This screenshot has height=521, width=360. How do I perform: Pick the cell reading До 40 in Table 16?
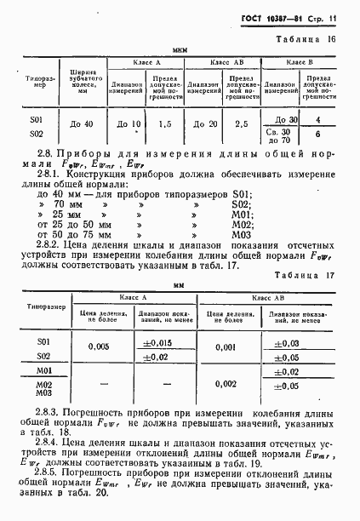pyautogui.click(x=87, y=125)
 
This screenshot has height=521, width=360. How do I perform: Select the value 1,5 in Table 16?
pyautogui.click(x=164, y=125)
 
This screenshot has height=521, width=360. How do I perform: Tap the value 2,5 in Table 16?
pyautogui.click(x=242, y=125)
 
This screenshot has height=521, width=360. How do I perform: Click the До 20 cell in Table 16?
pyautogui.click(x=203, y=125)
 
